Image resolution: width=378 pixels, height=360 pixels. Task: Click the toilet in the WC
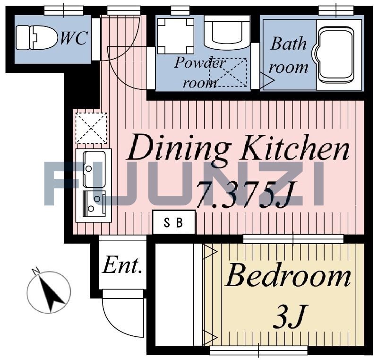(37, 38)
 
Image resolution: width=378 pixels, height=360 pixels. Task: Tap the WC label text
(74, 38)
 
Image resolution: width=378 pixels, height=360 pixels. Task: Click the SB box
(174, 222)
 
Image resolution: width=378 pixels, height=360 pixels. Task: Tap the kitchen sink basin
(94, 169)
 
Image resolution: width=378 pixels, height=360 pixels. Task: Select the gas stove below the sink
(94, 203)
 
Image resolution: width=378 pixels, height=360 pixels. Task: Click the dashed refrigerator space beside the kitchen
(91, 128)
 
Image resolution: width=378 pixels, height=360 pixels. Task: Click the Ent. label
(122, 266)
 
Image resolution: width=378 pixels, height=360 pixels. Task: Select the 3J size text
(291, 316)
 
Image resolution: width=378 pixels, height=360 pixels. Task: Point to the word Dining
(179, 149)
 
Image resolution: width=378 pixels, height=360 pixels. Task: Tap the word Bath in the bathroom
(288, 44)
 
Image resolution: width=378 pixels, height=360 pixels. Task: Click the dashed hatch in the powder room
(228, 72)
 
